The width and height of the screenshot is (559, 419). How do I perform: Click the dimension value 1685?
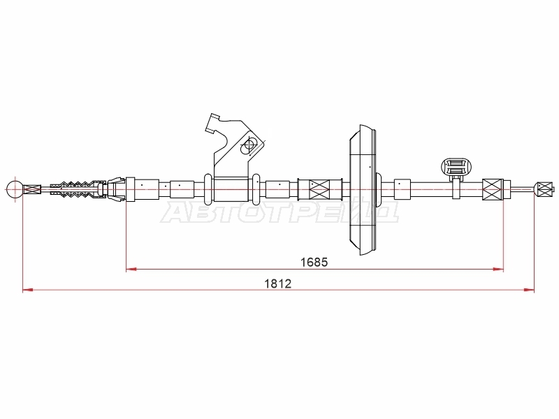[314, 263]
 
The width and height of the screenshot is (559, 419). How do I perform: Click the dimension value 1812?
[277, 284]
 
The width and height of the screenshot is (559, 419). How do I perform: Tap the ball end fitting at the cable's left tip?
[15, 189]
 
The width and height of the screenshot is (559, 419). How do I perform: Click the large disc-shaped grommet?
[363, 189]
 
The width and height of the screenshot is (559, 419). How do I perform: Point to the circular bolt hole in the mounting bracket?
[249, 145]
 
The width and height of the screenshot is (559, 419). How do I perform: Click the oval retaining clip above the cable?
[454, 167]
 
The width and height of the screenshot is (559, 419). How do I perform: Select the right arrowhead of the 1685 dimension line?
[498, 269]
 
